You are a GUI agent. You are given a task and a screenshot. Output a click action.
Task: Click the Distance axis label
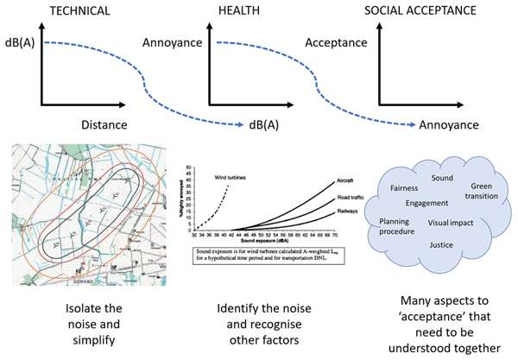104,125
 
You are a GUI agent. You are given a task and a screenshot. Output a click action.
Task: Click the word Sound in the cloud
442,177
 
